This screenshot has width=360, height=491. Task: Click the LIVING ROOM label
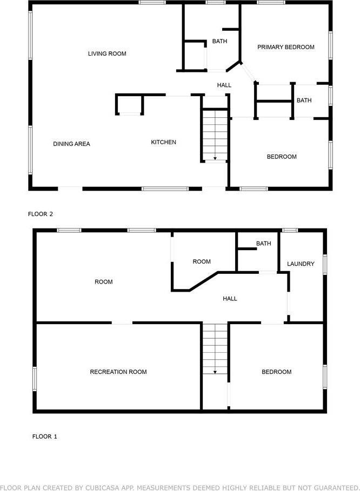tap(107, 53)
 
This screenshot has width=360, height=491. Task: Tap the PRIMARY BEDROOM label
tap(286, 47)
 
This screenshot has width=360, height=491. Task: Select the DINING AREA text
tap(71, 144)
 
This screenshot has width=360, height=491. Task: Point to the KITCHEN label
tap(164, 142)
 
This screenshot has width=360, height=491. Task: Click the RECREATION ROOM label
tap(118, 372)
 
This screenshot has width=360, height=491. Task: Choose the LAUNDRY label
tap(301, 264)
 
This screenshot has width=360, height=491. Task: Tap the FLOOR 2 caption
tap(41, 214)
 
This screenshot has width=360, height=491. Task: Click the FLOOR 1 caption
tap(45, 436)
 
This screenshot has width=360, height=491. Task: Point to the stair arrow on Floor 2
tap(215, 158)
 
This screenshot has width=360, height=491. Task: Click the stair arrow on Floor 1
tap(215, 372)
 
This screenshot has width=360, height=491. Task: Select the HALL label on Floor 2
tap(224, 85)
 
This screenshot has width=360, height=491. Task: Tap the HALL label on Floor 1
tap(230, 299)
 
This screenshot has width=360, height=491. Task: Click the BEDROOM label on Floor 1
tap(277, 372)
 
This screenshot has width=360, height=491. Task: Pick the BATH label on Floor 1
tap(263, 243)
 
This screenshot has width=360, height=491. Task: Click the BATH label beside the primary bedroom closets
tap(304, 100)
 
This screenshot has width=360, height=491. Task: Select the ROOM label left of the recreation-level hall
tap(104, 282)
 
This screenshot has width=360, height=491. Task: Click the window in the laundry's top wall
tap(290, 230)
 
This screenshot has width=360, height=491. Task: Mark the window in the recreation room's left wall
tap(35, 379)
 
